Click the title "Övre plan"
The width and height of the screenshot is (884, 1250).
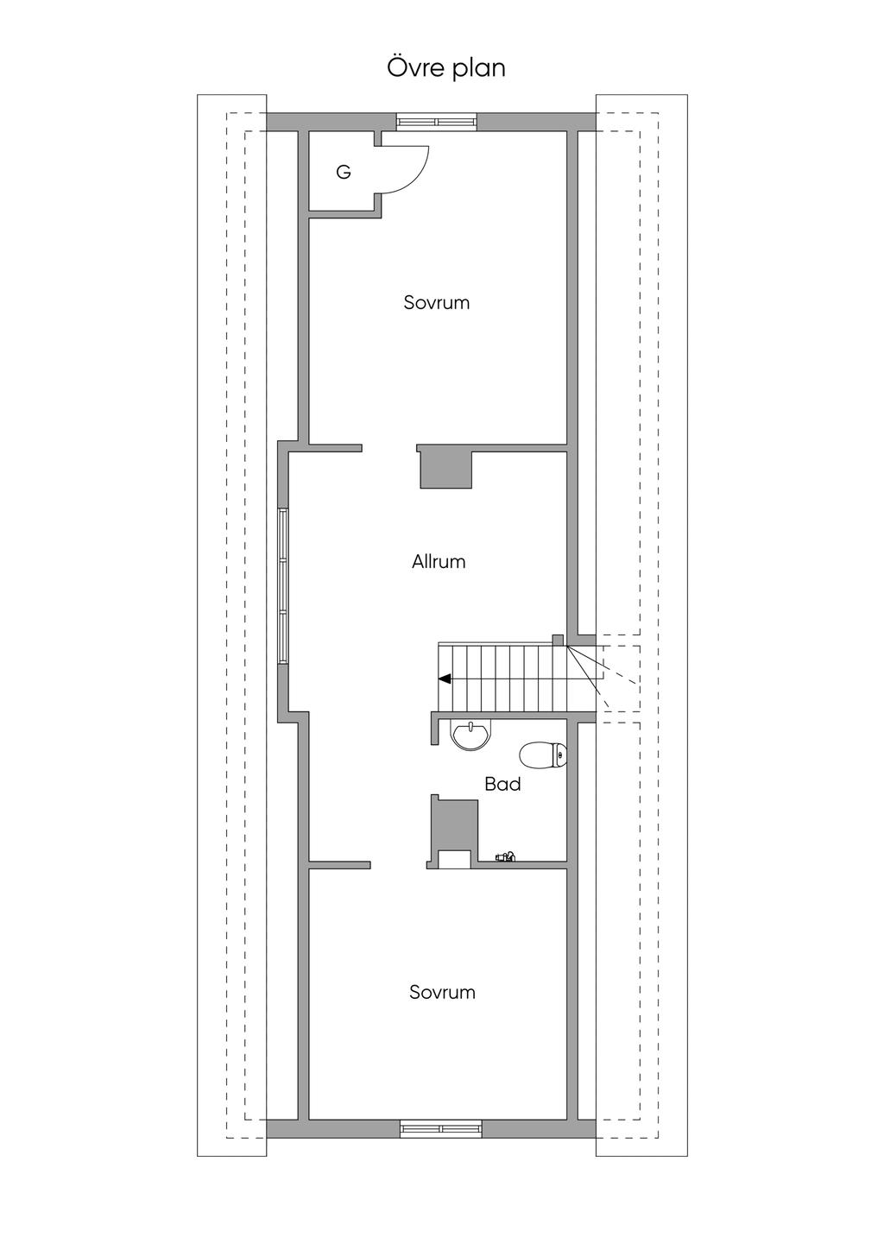pos(445,68)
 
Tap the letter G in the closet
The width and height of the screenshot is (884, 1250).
pos(344,173)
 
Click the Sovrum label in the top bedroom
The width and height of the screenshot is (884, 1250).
pos(437,303)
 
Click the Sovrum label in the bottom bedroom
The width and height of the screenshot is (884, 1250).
pos(442,993)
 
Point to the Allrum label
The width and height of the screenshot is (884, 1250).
pos(439,562)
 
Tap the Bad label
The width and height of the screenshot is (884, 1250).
pos(502,785)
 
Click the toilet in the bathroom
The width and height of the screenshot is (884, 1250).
pos(543,755)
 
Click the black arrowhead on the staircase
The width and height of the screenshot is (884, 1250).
pos(445,679)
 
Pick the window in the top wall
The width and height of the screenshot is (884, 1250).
pos(436,122)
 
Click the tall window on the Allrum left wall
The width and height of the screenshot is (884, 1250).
pos(283,586)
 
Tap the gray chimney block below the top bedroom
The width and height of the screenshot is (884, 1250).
pos(445,470)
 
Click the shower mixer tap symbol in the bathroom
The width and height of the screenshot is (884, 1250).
pos(505,857)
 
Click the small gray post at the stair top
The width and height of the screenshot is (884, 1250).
pos(558,640)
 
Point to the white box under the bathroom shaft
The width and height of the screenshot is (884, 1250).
pos(454,858)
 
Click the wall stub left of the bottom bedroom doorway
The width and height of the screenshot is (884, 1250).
pos(339,863)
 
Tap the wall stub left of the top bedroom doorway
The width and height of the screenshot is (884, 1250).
pos(335,448)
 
